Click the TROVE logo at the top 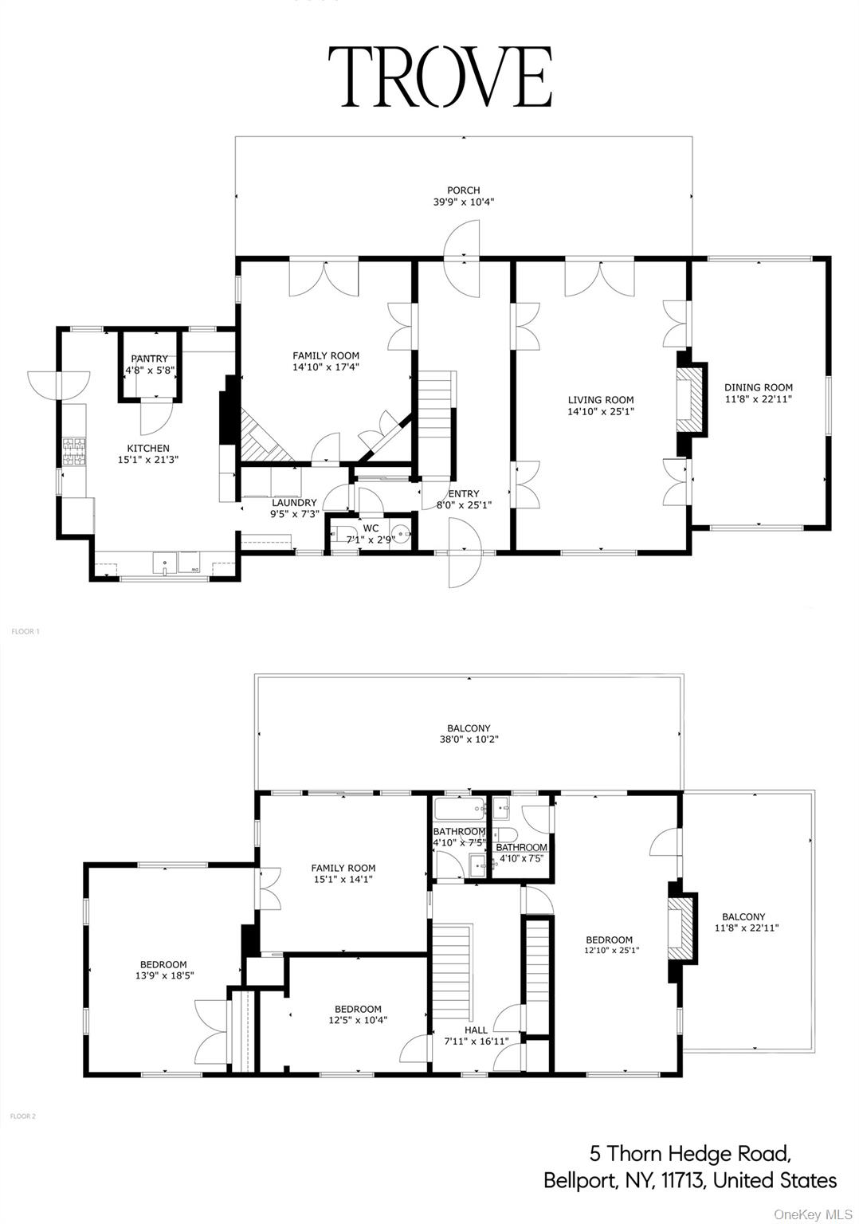point(440,76)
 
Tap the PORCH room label point(463,190)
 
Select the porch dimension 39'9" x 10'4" point(463,202)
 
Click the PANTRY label point(150,359)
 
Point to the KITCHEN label point(148,449)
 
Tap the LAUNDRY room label point(294,503)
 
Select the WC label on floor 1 point(371,528)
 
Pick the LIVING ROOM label point(601,400)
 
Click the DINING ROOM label point(758,388)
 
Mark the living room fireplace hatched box point(690,400)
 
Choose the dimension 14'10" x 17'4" point(325,367)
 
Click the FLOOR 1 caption point(25,631)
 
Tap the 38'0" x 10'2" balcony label point(469,739)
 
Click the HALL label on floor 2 point(476,1030)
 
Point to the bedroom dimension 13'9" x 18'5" point(163,975)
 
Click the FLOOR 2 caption point(23,1116)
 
